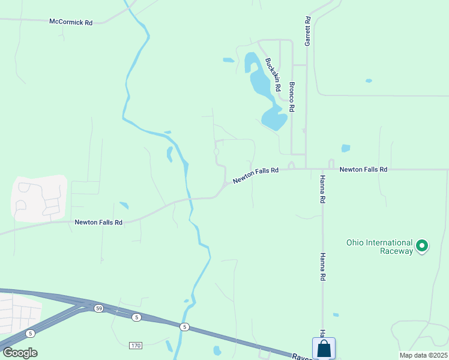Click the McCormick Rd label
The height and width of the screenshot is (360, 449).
click(x=71, y=22)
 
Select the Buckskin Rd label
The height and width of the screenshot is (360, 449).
click(x=273, y=74)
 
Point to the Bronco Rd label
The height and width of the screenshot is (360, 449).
click(x=292, y=97)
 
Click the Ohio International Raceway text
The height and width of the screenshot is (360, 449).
click(x=379, y=247)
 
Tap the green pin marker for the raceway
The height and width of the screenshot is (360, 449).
click(x=422, y=245)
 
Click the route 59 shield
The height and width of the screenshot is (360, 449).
click(x=98, y=308)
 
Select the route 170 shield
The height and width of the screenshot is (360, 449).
click(x=136, y=346)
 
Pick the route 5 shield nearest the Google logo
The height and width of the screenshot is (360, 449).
click(x=30, y=333)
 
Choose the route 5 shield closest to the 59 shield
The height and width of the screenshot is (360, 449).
click(x=137, y=317)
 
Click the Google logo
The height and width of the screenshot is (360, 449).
click(x=20, y=352)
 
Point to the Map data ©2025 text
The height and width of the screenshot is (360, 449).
click(x=423, y=355)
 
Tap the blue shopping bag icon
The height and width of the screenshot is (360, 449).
click(x=324, y=348)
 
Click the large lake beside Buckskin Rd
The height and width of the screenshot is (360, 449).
click(x=264, y=90)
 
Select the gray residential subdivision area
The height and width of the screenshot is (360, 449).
click(x=39, y=198)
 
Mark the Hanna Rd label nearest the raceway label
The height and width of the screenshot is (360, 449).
click(x=323, y=266)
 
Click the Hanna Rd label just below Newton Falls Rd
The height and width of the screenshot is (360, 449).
click(x=322, y=190)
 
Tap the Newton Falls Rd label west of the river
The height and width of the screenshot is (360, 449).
click(x=98, y=222)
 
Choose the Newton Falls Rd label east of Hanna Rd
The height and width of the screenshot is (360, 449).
click(x=363, y=170)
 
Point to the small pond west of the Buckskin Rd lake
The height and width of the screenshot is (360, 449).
click(x=228, y=60)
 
